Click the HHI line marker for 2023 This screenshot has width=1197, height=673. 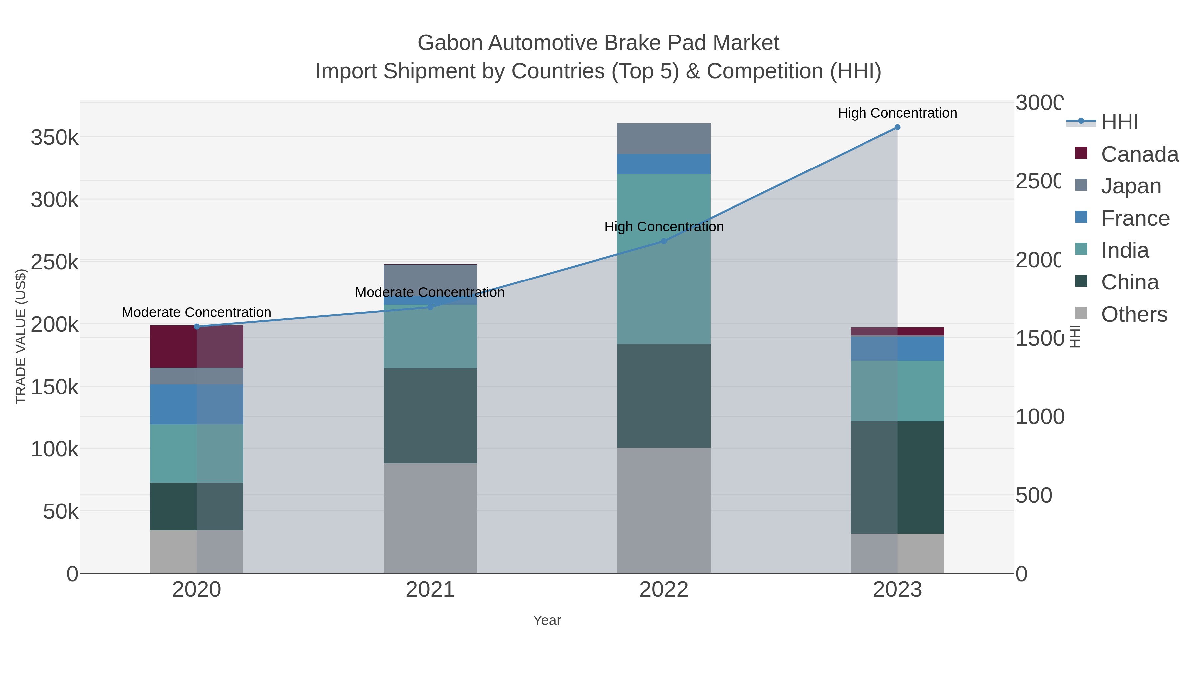897,127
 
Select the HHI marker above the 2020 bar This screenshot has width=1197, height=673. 197,326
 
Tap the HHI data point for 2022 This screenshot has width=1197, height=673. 664,241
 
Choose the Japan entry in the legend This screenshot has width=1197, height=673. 1130,186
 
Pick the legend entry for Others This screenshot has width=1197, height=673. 1133,314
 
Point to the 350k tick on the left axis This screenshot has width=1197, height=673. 55,138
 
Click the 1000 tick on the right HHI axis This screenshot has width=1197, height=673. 1039,417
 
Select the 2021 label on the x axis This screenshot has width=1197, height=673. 430,590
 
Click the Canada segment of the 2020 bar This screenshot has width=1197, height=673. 197,347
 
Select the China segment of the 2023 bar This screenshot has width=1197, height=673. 897,478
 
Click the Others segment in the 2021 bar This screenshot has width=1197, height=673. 430,518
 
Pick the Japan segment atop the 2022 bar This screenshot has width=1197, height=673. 664,138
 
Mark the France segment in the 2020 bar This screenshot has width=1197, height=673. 197,404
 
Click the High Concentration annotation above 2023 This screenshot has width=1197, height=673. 897,113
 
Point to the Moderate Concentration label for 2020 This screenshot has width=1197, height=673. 197,313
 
